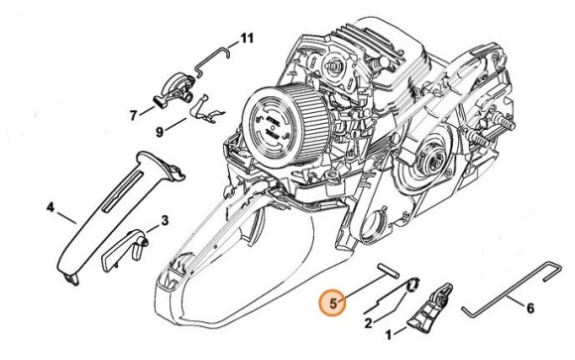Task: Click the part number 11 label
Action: [247, 38]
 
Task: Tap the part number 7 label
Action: [134, 116]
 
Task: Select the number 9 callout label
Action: [160, 131]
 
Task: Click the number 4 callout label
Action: [51, 207]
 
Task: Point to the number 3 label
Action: [165, 220]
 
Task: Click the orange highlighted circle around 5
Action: [333, 303]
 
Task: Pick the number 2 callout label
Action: [368, 323]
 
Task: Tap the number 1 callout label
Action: [389, 334]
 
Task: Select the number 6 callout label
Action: [530, 308]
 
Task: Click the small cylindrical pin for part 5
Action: [388, 270]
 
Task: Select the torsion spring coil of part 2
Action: [413, 286]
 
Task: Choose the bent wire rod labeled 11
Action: [211, 60]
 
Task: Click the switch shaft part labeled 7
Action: [173, 90]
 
